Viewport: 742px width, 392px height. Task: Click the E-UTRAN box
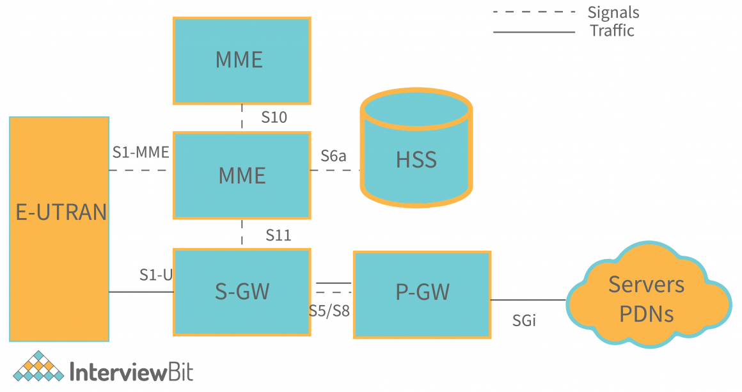59,228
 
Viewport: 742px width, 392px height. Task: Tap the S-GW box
242,292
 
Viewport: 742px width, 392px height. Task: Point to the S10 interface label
274,118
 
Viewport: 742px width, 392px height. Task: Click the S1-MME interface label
141,152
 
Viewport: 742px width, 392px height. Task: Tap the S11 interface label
278,236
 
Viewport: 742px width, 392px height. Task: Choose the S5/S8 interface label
329,313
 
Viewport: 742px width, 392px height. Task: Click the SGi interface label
524,321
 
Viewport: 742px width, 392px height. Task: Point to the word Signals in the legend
613,12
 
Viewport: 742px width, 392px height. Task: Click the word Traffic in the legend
612,31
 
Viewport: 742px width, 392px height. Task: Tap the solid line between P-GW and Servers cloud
528,299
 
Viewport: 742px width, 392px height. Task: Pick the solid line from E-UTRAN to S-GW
141,292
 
